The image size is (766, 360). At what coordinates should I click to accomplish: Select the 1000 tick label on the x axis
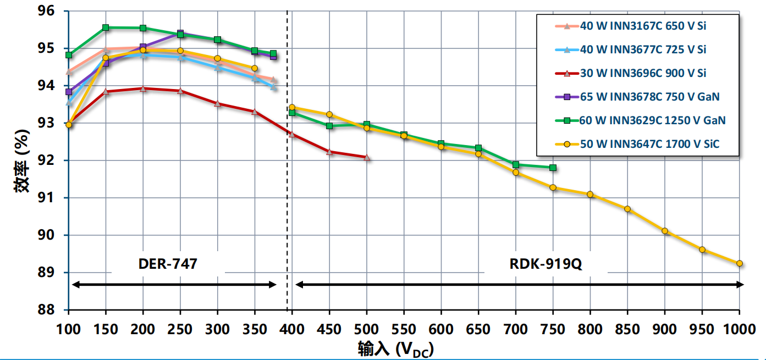tap(739, 329)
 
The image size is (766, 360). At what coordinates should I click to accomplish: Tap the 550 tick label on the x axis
tap(404, 329)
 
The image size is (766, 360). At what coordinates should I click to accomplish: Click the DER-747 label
tap(168, 264)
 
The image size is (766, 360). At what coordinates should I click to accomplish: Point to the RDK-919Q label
tap(545, 264)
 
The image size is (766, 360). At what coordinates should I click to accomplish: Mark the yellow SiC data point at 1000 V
tap(739, 263)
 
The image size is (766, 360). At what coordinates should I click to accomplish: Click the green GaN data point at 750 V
tap(553, 168)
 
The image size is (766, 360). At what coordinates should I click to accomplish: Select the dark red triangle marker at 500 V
tap(367, 157)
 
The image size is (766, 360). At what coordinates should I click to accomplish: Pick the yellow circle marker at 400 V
tap(292, 108)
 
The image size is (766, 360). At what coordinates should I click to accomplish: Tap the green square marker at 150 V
tap(106, 27)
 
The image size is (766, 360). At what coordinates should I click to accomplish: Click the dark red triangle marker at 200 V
tap(143, 88)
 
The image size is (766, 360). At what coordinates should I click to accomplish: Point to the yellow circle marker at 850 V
tap(627, 209)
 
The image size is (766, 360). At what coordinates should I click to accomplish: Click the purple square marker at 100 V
tap(69, 92)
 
